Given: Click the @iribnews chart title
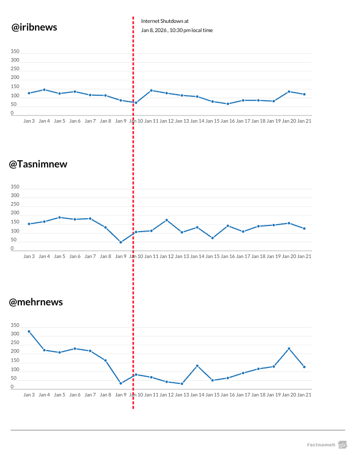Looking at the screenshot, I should coord(35,27).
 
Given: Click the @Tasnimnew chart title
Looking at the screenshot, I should coord(38,164).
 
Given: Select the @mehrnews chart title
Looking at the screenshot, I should coord(36,302).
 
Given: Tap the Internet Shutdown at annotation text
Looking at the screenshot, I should coord(165,21).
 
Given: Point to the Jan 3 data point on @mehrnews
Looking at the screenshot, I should coord(29,331).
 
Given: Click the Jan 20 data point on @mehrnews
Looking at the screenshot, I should coord(289,349).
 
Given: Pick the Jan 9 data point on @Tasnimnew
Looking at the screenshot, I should coord(121,242).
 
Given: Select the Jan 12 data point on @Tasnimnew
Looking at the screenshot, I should coord(167,220).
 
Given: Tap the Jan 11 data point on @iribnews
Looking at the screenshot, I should coord(152,91).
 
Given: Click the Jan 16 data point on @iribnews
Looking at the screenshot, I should coord(228,104).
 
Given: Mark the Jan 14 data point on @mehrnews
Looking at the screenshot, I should coord(197,366).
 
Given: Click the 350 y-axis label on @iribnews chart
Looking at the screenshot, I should coord(15,51).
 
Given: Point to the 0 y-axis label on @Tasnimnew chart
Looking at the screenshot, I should coord(12,249).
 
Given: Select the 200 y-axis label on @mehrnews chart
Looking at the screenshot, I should coord(15,352).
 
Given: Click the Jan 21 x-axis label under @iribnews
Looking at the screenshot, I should coord(304,121).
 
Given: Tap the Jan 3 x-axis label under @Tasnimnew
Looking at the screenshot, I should coord(29,257).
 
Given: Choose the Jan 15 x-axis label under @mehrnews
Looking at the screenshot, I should coord(213,394).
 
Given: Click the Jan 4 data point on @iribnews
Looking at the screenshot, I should coord(44,90).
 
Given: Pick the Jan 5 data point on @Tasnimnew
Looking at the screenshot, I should coord(59,217).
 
